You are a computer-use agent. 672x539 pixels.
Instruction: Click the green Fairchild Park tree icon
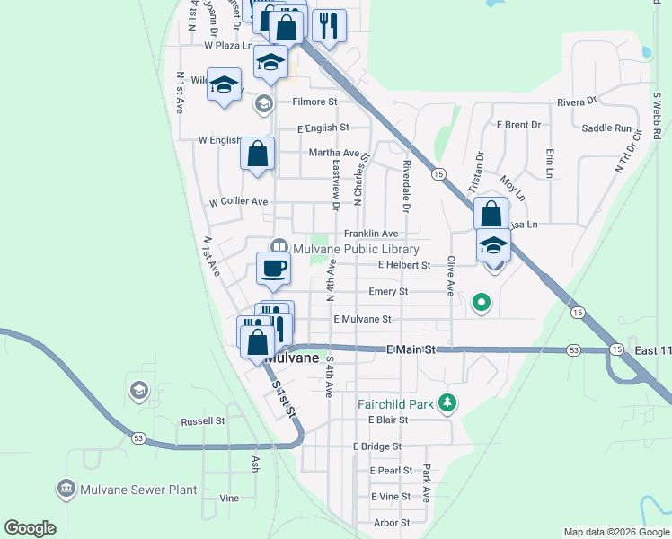(x=447, y=403)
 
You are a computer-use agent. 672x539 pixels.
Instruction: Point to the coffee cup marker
(x=274, y=267)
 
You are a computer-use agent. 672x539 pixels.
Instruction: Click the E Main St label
(x=411, y=349)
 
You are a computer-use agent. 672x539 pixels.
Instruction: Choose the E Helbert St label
(x=405, y=265)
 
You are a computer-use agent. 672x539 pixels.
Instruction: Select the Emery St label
(x=388, y=292)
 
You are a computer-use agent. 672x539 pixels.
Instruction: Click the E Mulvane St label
(x=362, y=319)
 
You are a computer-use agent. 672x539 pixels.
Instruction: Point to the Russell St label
(x=202, y=420)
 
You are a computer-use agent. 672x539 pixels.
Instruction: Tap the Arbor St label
(x=391, y=522)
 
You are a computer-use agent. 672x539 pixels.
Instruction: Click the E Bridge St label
(x=377, y=446)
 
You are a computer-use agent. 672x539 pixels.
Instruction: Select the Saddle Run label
(x=606, y=128)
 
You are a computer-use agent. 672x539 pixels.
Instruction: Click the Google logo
(x=30, y=528)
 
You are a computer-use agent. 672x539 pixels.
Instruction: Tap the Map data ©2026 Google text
(x=615, y=532)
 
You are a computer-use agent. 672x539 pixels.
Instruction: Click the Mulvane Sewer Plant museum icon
(x=66, y=490)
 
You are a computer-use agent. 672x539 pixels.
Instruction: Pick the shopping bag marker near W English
(x=258, y=155)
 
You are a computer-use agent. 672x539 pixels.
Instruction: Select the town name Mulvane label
(x=292, y=358)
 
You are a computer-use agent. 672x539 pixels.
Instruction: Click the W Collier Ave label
(x=238, y=201)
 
